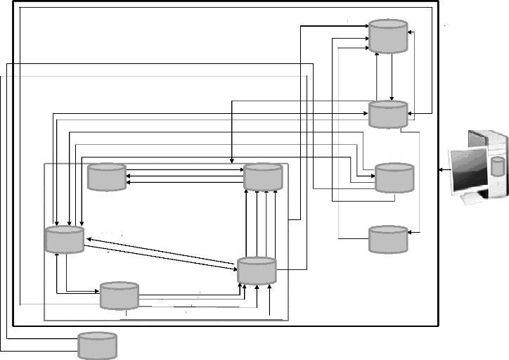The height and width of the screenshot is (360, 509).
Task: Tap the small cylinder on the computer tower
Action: [498, 167]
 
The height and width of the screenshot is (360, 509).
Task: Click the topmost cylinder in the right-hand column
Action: [388, 36]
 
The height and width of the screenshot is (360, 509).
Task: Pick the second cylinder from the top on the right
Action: [388, 114]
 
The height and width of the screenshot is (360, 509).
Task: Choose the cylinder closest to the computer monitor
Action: [394, 178]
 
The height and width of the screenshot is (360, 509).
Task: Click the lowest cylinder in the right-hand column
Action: [388, 239]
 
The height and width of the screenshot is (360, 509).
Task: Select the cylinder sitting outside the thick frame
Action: [96, 345]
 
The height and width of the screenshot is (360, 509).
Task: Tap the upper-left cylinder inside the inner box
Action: [106, 177]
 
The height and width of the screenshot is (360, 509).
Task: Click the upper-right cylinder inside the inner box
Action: [263, 176]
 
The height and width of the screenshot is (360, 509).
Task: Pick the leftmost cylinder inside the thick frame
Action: [64, 239]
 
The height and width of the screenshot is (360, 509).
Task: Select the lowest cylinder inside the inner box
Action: [119, 295]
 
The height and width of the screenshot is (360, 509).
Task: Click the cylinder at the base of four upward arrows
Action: [257, 271]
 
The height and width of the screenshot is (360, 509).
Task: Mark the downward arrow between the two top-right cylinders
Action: [392, 77]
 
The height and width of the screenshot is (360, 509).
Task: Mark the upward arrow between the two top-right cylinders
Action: [378, 77]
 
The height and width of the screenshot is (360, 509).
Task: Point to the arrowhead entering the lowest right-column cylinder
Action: [415, 232]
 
